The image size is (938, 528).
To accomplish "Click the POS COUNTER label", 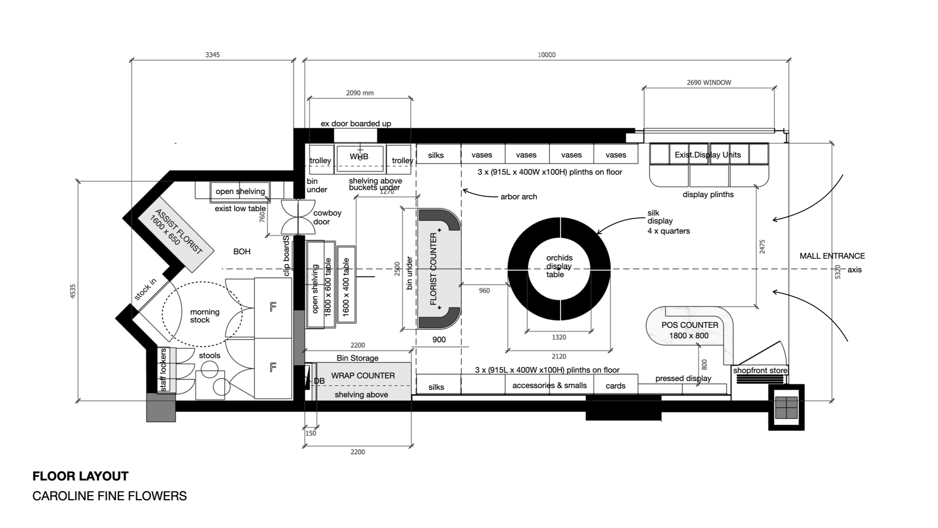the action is pyautogui.click(x=690, y=325).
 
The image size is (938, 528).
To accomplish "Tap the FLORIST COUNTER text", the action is pyautogui.click(x=434, y=269).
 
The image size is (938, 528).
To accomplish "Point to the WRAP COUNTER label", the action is pyautogui.click(x=363, y=375).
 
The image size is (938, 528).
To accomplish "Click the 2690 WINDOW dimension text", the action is pyautogui.click(x=709, y=82).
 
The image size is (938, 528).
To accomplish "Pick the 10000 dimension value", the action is pyautogui.click(x=547, y=55).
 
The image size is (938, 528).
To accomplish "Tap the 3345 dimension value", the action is pyautogui.click(x=212, y=55).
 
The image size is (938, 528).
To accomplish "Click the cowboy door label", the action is pyautogui.click(x=327, y=217).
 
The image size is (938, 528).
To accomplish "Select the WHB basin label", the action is pyautogui.click(x=359, y=156).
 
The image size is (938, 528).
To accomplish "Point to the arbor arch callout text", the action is pyautogui.click(x=518, y=197).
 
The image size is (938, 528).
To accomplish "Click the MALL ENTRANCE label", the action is pyautogui.click(x=832, y=256).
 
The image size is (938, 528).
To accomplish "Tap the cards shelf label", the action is pyautogui.click(x=615, y=386).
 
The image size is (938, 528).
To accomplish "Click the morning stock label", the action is pyautogui.click(x=204, y=316).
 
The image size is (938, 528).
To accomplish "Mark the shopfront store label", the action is pyautogui.click(x=760, y=370).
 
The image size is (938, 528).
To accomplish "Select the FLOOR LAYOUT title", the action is pyautogui.click(x=80, y=476).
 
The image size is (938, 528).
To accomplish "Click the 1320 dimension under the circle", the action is pyautogui.click(x=558, y=337).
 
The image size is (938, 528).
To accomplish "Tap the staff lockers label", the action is pyautogui.click(x=164, y=370).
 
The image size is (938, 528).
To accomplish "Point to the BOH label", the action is pyautogui.click(x=242, y=252).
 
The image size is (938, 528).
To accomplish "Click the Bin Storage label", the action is pyautogui.click(x=358, y=358).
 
